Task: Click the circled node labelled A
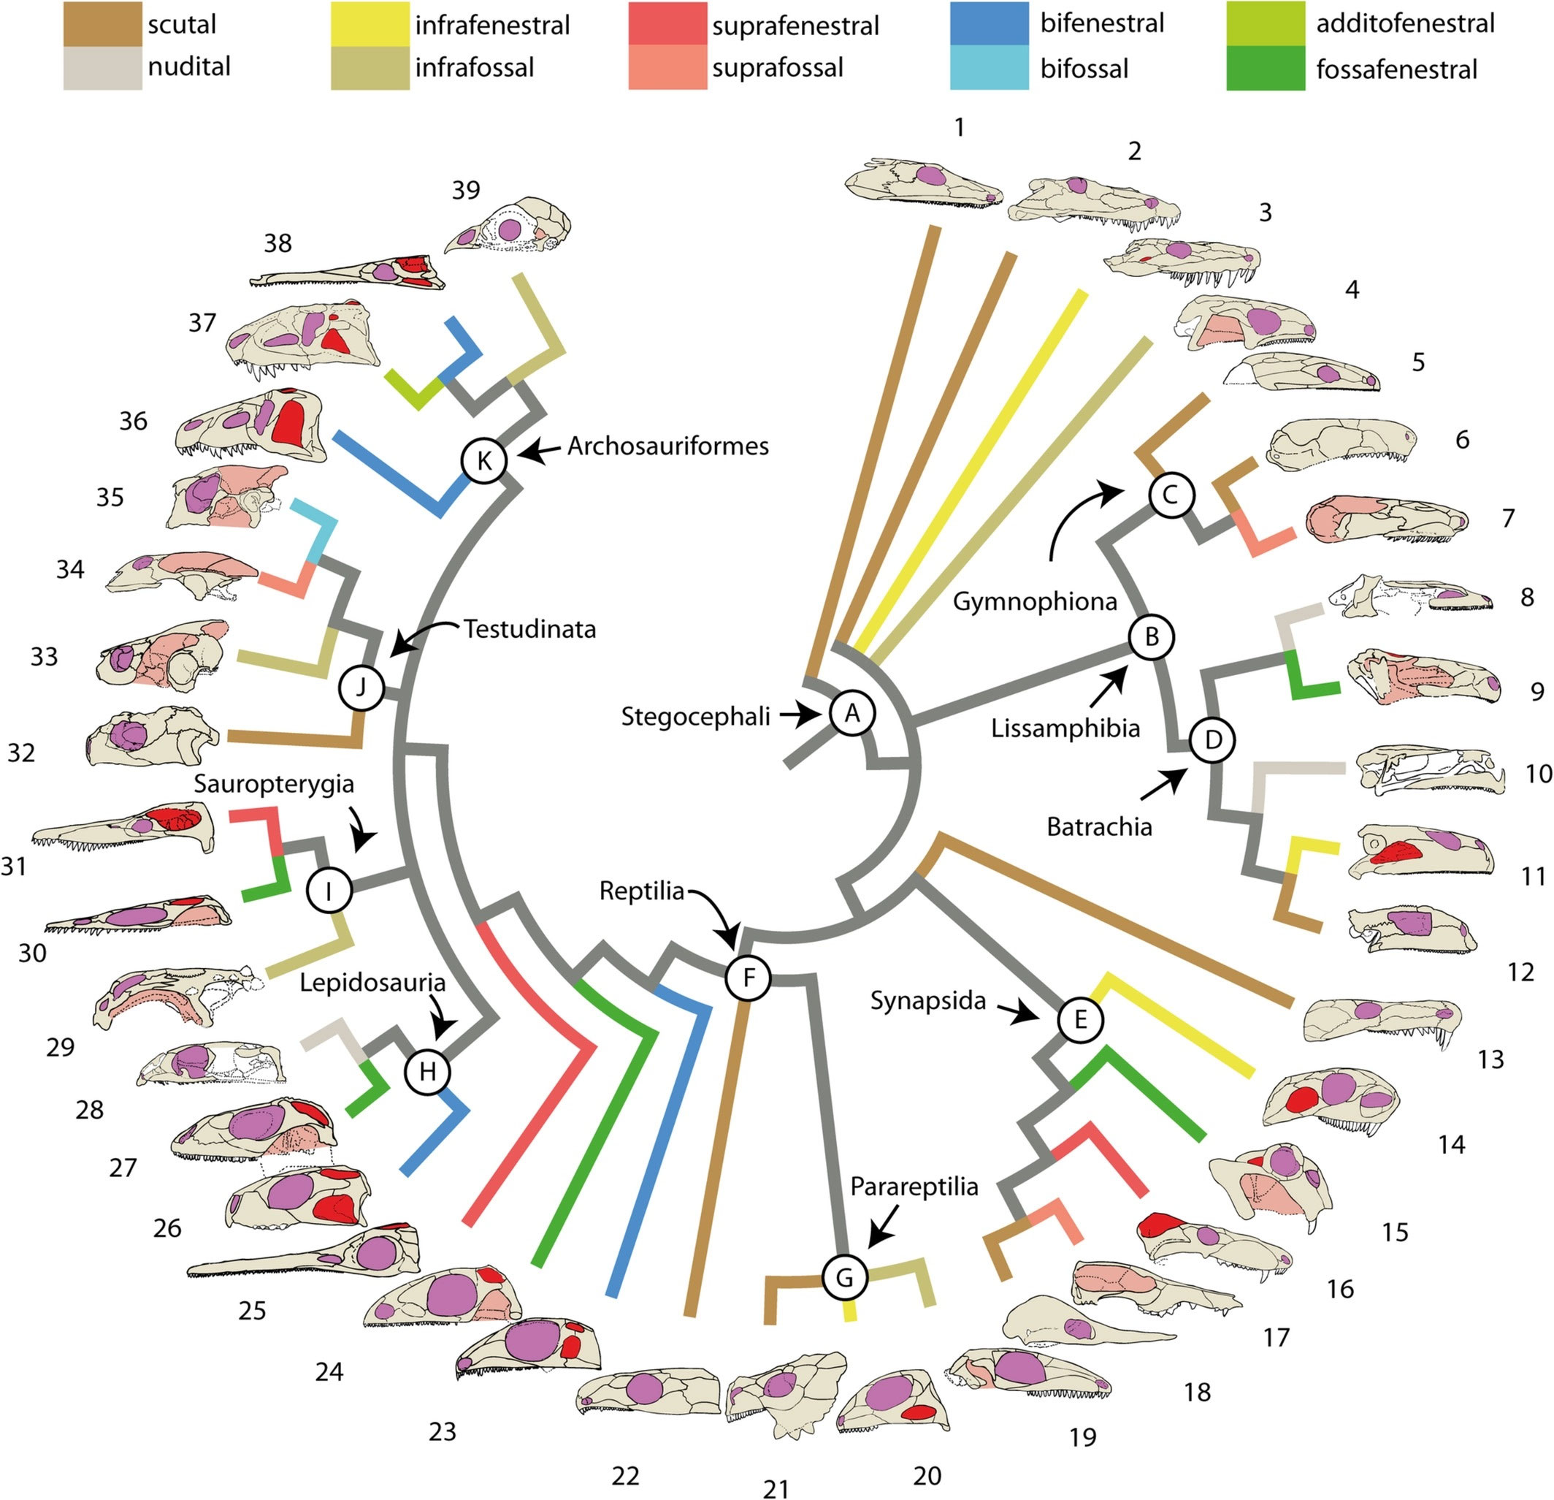coord(852,714)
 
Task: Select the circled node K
coord(484,460)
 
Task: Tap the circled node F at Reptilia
coord(749,978)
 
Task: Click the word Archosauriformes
coord(667,446)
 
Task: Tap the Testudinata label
coord(529,629)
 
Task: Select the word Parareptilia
coord(914,1187)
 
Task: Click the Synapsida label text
coord(927,1001)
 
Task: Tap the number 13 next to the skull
coord(1490,1059)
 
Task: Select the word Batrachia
coord(1099,827)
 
